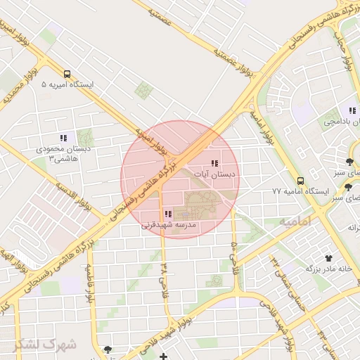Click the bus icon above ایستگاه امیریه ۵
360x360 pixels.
pyautogui.click(x=67, y=74)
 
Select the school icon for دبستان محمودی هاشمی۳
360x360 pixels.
pyautogui.click(x=63, y=139)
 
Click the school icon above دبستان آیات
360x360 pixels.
pyautogui.click(x=214, y=163)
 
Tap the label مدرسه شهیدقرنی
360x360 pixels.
pyautogui.click(x=168, y=226)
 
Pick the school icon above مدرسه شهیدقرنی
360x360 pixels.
pyautogui.click(x=167, y=214)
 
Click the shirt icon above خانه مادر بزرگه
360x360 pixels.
pyautogui.click(x=328, y=258)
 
